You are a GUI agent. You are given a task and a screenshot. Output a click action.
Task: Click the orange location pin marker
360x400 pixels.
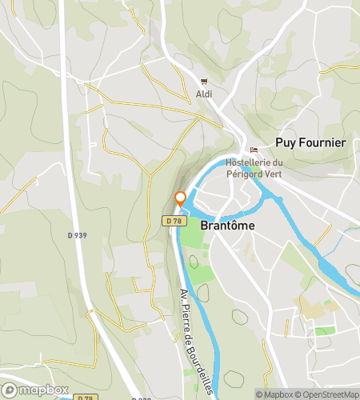(180, 198)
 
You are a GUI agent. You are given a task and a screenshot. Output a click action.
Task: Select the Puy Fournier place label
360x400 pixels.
(310, 142)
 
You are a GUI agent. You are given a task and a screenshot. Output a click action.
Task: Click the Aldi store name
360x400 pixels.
(205, 94)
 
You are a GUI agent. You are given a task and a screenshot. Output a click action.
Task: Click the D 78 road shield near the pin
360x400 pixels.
(174, 220)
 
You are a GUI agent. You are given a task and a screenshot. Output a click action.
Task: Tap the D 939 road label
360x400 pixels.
(78, 234)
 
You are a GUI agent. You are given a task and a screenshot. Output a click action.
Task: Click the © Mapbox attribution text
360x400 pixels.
(274, 394)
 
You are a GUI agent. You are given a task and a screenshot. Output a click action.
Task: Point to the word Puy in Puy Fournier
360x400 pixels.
(285, 142)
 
